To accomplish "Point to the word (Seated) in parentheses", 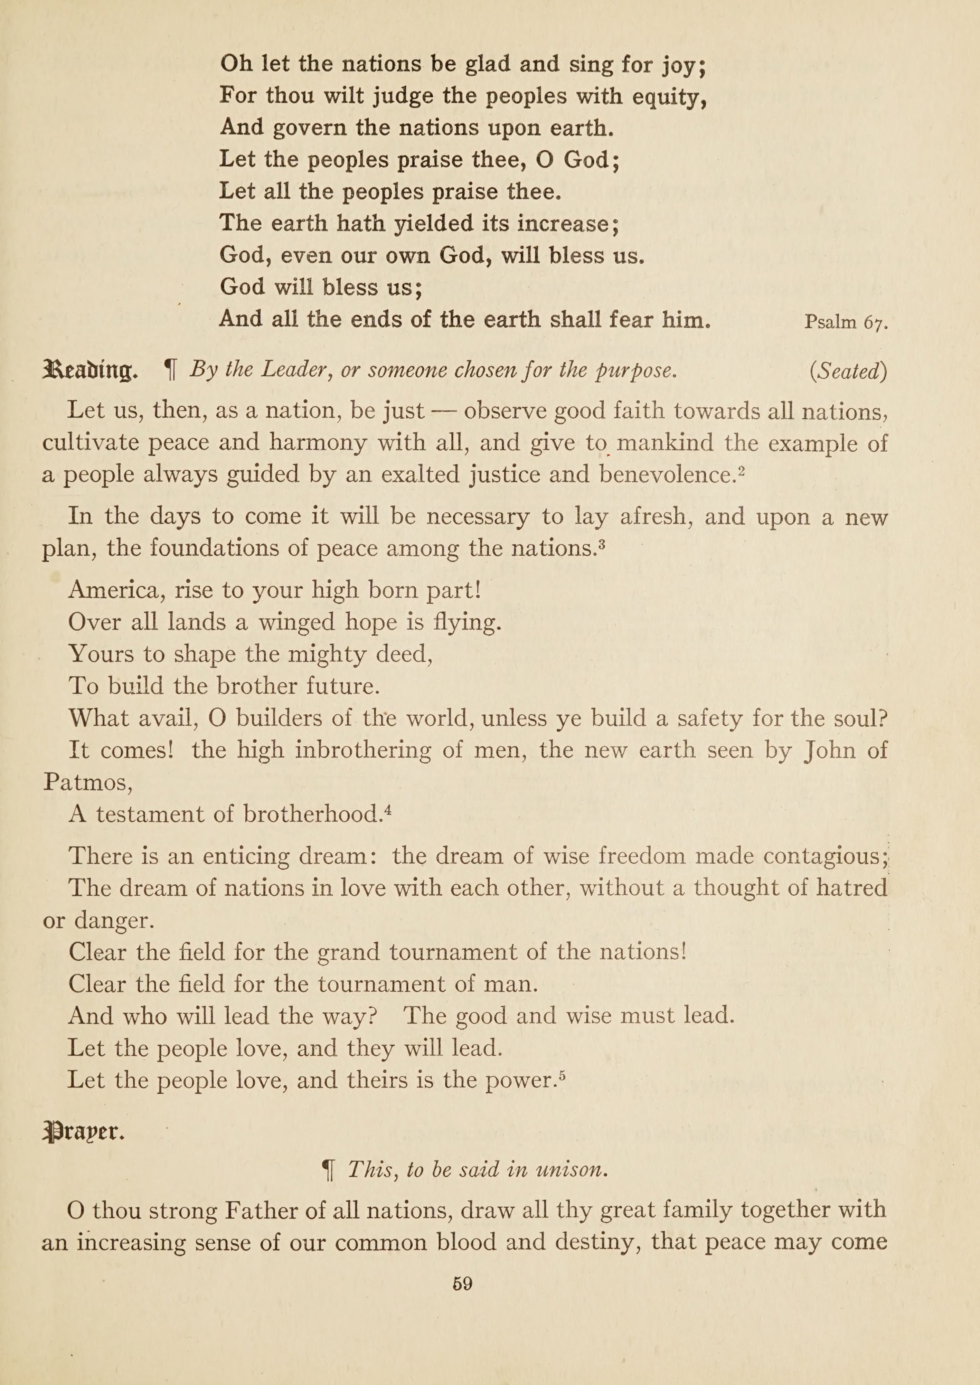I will tap(848, 370).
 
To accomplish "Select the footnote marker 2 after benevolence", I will tap(742, 470).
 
